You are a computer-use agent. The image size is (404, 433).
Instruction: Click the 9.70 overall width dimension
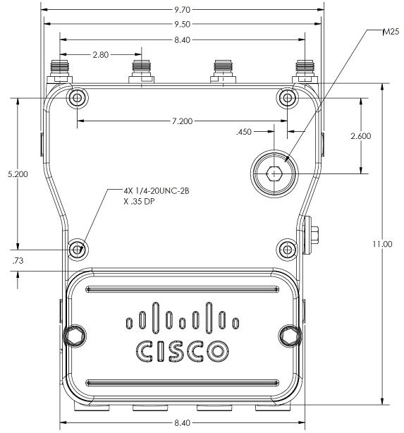pos(182,10)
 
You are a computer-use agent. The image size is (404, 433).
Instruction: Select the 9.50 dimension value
pos(182,24)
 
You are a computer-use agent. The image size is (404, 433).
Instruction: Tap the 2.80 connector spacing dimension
pos(101,55)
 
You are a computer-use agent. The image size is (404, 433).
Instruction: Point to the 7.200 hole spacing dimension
pos(182,121)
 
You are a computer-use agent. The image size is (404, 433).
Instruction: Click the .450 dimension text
pos(244,132)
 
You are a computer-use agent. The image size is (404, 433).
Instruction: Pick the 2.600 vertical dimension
pos(361,136)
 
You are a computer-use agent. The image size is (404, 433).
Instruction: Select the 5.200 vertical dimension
pos(18,174)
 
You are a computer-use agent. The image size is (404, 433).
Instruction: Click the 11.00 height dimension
pos(382,244)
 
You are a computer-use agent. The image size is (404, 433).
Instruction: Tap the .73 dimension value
pos(18,261)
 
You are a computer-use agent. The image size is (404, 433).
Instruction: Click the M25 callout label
pos(391,32)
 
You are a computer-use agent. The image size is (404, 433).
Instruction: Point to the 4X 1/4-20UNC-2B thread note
pos(157,191)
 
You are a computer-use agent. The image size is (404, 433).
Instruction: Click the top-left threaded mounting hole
pos(78,98)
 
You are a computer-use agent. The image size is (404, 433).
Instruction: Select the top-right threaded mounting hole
pos(288,98)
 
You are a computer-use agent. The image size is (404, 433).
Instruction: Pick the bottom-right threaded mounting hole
pos(287,250)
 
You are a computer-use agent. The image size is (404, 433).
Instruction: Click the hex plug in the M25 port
pos(274,173)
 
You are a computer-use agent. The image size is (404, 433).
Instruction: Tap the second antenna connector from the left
pos(142,71)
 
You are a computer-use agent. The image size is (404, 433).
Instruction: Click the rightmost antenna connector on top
pos(305,71)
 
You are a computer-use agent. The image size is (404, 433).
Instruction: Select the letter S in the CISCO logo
pos(176,351)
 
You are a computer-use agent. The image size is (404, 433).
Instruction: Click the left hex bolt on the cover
pos(74,336)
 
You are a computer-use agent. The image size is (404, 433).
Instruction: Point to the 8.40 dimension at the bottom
pos(182,422)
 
